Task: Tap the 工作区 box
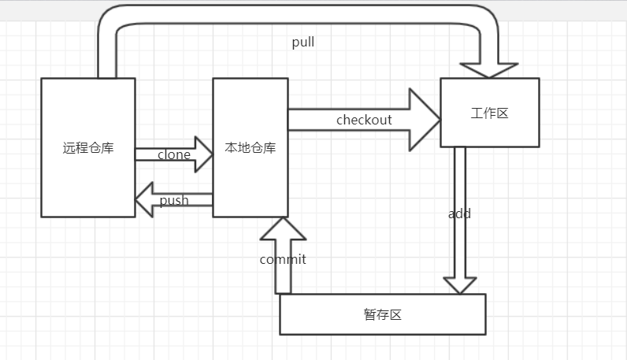pyautogui.click(x=489, y=130)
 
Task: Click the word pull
pyautogui.click(x=302, y=43)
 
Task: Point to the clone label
pyautogui.click(x=173, y=154)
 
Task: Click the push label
pyautogui.click(x=174, y=200)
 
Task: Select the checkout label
pyautogui.click(x=363, y=120)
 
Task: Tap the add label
pyautogui.click(x=459, y=213)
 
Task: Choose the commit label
pyautogui.click(x=283, y=259)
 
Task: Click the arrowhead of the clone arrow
pyautogui.click(x=204, y=154)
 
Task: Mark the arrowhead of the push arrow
pyautogui.click(x=143, y=199)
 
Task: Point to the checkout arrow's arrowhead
pyautogui.click(x=425, y=120)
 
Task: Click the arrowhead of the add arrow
pyautogui.click(x=460, y=285)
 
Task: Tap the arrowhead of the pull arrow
pyautogui.click(x=488, y=69)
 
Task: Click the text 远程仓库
pyautogui.click(x=87, y=147)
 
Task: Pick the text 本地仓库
pyautogui.click(x=250, y=147)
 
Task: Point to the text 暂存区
pyautogui.click(x=383, y=314)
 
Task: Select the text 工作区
pyautogui.click(x=489, y=113)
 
